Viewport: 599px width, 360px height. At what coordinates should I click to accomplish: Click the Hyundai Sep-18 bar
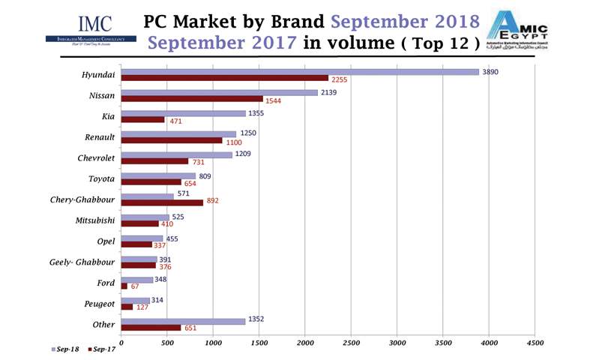coord(300,72)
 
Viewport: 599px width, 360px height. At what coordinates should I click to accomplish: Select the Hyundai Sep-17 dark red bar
coord(225,78)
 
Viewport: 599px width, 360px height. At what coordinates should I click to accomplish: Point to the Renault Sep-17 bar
coord(172,140)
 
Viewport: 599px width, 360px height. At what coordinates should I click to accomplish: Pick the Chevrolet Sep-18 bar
coord(176,155)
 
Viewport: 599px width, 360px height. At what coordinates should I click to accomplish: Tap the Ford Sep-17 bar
coord(124,286)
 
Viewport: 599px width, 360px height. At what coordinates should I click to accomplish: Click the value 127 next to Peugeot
coord(143,307)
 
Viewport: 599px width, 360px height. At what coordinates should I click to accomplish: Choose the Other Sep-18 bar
coord(183,322)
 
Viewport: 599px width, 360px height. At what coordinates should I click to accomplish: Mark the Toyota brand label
coord(101,179)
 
